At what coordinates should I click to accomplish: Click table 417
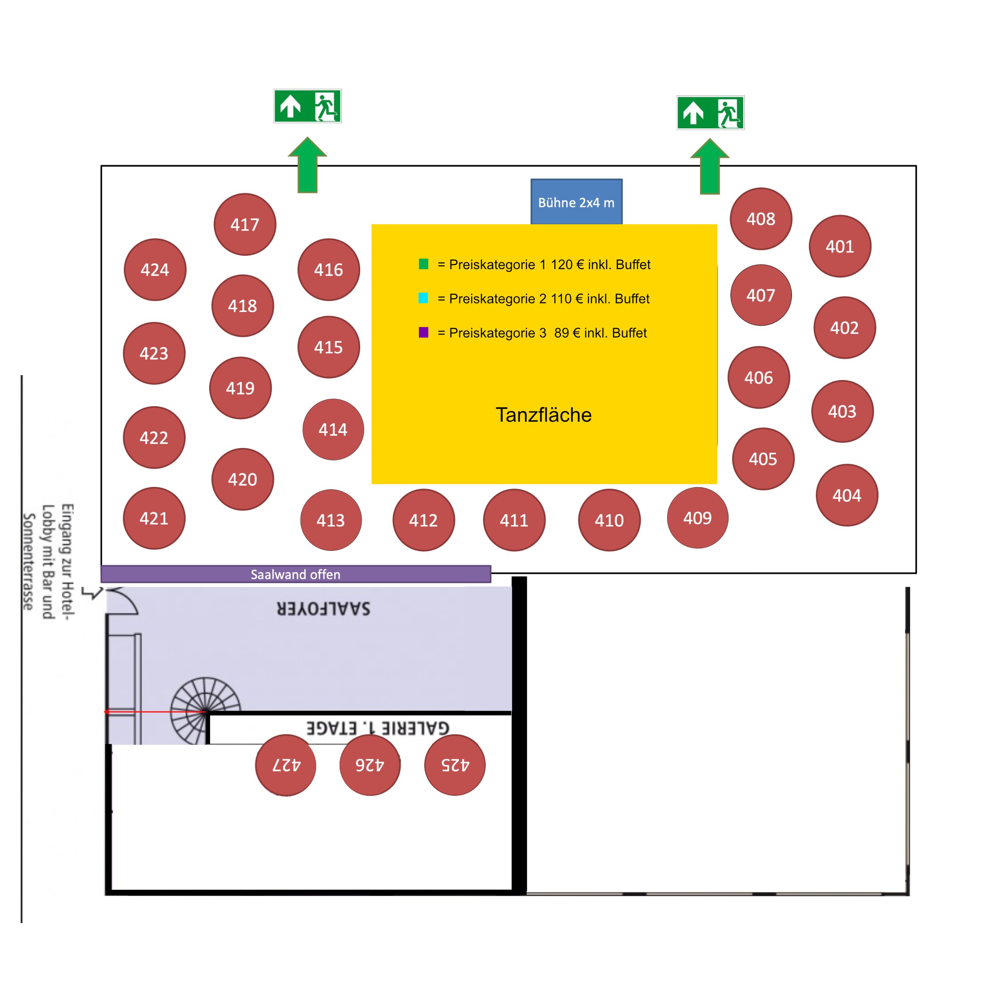[245, 225]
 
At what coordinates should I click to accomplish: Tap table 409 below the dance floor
[697, 518]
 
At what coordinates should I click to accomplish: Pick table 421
[154, 518]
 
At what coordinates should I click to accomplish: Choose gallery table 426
[370, 764]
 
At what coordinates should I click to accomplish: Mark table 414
[333, 429]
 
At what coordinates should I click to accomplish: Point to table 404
[847, 495]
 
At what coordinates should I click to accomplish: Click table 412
[424, 520]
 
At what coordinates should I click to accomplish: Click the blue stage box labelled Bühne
[576, 202]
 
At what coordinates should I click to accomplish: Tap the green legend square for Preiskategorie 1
[424, 264]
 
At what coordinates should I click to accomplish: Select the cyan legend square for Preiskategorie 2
[424, 298]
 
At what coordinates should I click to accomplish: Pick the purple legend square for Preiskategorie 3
[424, 332]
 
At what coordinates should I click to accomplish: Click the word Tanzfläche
[543, 415]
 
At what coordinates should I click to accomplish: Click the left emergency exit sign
[308, 106]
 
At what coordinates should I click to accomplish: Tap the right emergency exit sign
[710, 112]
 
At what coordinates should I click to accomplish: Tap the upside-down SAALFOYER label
[323, 609]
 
